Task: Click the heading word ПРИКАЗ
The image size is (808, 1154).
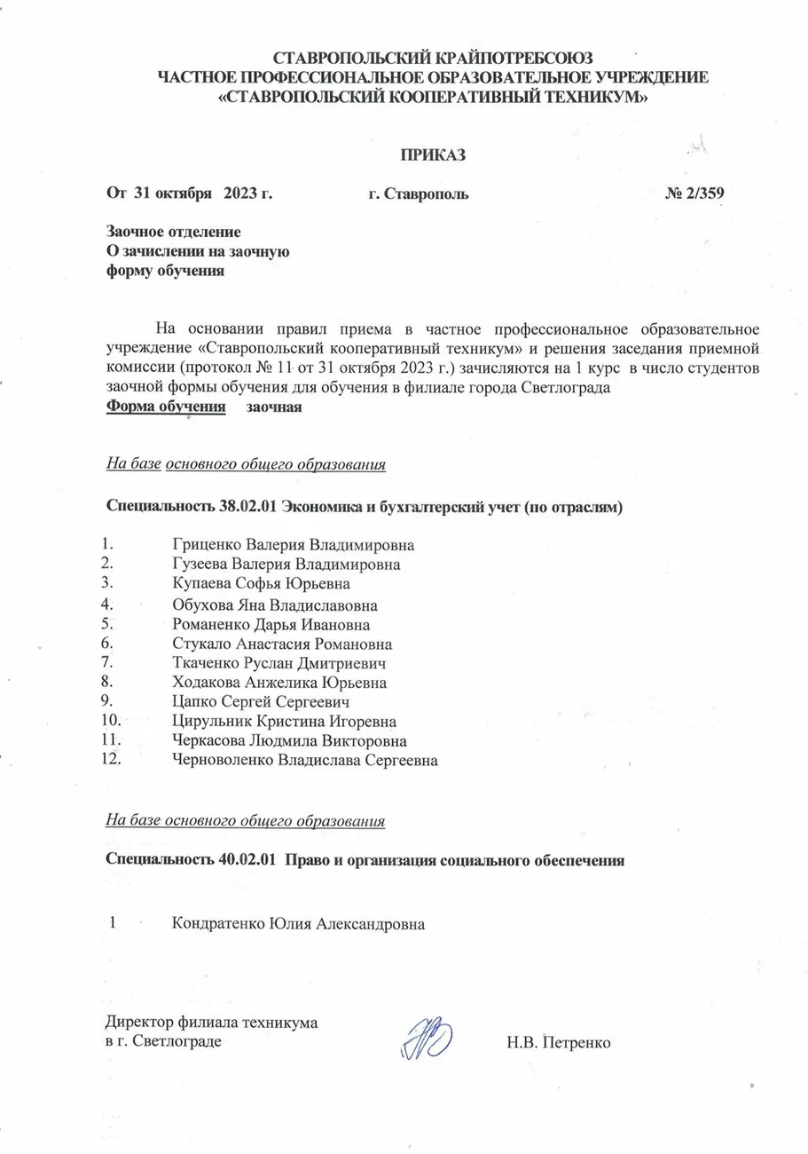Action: [434, 154]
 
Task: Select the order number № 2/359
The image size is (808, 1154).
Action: [702, 194]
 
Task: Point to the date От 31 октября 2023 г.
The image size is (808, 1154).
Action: [188, 194]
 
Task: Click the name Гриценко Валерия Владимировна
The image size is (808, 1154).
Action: [294, 544]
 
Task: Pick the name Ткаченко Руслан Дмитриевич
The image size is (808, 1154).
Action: [279, 663]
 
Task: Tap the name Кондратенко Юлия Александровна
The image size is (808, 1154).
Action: [299, 924]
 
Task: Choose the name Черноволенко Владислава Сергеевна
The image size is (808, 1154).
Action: [305, 761]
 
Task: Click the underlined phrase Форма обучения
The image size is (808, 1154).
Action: [166, 407]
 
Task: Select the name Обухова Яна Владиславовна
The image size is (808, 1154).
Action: [276, 605]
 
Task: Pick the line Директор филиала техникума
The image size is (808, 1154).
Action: [212, 1023]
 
